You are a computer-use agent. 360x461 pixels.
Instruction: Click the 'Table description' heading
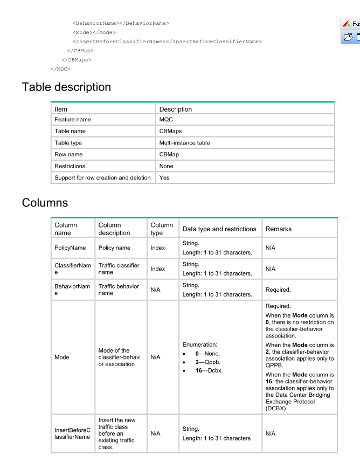(66, 87)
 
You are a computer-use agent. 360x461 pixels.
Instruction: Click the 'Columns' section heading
(45, 203)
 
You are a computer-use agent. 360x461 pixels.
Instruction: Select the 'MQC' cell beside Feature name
(166, 120)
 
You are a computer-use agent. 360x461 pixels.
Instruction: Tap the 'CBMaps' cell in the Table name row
(170, 131)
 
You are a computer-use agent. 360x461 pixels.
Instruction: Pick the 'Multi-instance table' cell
(184, 143)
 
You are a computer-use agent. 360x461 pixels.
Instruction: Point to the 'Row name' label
(68, 154)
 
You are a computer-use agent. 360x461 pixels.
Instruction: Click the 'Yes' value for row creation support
(164, 177)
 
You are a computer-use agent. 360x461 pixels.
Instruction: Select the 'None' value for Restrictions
(167, 166)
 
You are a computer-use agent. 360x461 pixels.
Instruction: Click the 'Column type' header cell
(162, 229)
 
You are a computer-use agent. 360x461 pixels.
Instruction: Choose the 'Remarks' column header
(279, 229)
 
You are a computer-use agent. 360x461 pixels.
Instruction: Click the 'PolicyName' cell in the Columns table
(70, 248)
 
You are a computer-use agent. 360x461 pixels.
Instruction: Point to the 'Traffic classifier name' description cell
(119, 269)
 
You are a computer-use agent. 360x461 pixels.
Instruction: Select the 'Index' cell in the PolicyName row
(158, 248)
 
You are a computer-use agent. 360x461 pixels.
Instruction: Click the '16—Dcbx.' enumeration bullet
(209, 370)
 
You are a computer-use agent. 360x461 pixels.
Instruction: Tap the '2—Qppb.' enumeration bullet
(208, 362)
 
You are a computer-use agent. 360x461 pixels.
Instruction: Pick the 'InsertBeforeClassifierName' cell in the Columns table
(72, 434)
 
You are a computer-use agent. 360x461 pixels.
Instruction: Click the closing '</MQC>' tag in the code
(60, 69)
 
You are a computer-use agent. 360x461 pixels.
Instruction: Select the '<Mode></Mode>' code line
(94, 32)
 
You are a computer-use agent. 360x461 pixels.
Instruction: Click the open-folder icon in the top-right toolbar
(348, 37)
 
